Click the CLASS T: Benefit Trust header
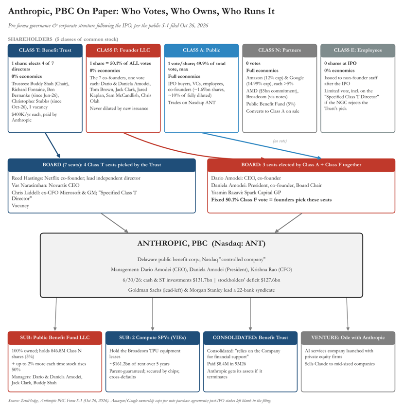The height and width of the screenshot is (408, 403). tap(45, 50)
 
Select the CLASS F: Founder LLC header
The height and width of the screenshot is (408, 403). tap(123, 50)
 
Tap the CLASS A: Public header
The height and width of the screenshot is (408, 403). tap(201, 50)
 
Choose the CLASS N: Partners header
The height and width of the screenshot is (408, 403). tap(280, 50)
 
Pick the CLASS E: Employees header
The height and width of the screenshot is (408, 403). tap(358, 50)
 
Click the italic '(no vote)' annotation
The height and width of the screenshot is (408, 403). tap(280, 141)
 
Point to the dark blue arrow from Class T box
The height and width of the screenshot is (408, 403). tap(53, 145)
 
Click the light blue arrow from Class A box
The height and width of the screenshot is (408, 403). tap(262, 145)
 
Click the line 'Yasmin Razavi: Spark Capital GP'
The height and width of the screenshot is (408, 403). tap(246, 193)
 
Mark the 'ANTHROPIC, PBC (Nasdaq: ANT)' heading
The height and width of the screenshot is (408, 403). tap(201, 243)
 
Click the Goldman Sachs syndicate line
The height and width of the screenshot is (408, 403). tap(201, 290)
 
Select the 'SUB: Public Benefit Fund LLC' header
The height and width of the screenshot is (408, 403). tap(55, 338)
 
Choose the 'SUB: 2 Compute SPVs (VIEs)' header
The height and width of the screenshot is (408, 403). tap(153, 338)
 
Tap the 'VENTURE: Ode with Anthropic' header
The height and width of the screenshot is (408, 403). tap(348, 338)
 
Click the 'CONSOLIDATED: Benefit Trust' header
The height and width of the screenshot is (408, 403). tap(250, 338)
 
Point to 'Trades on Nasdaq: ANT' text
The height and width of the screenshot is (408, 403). tap(192, 103)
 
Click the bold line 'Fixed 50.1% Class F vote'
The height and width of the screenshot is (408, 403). tap(271, 200)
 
